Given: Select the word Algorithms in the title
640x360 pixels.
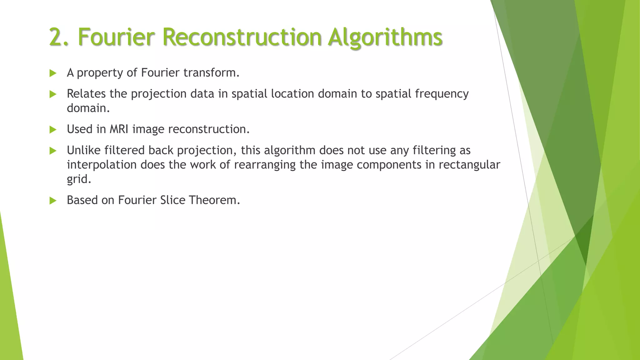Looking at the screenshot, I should pyautogui.click(x=385, y=37).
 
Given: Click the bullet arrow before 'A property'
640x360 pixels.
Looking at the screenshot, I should pyautogui.click(x=53, y=73).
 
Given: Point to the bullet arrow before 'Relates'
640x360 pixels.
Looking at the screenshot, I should pyautogui.click(x=53, y=94).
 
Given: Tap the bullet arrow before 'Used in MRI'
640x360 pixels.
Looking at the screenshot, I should pyautogui.click(x=53, y=130).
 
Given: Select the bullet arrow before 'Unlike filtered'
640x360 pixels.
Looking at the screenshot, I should pyautogui.click(x=53, y=151).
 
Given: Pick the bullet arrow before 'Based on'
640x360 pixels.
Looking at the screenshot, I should pyautogui.click(x=53, y=201).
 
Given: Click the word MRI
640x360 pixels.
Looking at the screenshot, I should pyautogui.click(x=119, y=129).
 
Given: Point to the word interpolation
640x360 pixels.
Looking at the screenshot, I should pyautogui.click(x=102, y=165).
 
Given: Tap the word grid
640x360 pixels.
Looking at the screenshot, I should pyautogui.click(x=79, y=179).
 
